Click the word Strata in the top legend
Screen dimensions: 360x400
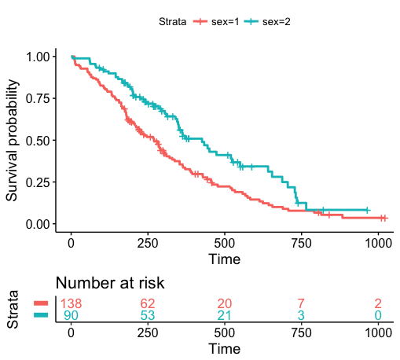click(x=171, y=21)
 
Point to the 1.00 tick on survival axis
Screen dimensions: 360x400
click(x=40, y=57)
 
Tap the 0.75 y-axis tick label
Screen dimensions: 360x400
click(x=40, y=98)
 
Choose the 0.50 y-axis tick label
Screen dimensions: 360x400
click(x=40, y=141)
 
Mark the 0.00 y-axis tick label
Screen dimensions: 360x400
click(x=40, y=224)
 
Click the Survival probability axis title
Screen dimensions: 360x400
click(x=13, y=140)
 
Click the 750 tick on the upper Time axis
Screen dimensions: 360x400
click(x=300, y=242)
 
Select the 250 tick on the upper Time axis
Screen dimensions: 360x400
click(x=147, y=242)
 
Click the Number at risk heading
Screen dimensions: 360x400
click(x=109, y=283)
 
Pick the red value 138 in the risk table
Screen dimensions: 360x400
click(x=72, y=303)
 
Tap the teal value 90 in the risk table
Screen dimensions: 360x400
click(x=72, y=316)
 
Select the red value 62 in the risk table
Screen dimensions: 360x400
click(x=148, y=303)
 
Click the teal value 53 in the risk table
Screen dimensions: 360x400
click(x=148, y=316)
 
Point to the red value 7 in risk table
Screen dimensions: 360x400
click(x=301, y=303)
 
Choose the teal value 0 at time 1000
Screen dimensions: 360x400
click(x=378, y=316)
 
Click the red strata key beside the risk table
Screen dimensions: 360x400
click(x=41, y=303)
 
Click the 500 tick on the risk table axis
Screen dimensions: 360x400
click(x=224, y=332)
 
